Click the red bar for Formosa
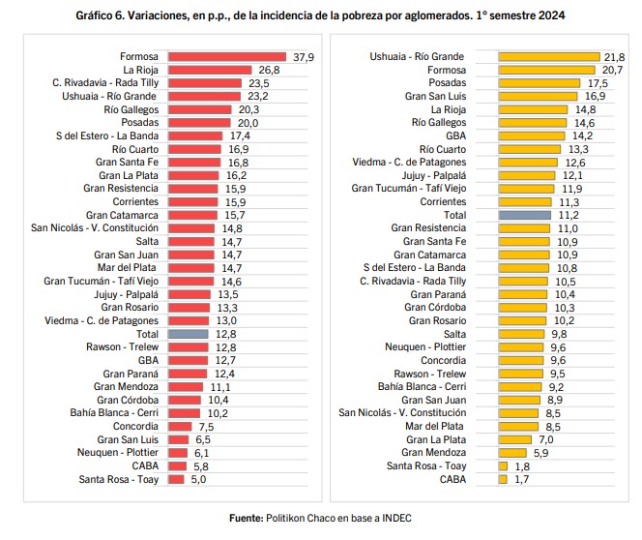click(x=227, y=57)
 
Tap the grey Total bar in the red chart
click(x=188, y=333)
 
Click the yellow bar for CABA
click(x=501, y=478)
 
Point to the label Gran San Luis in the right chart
click(x=436, y=97)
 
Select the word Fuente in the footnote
click(x=246, y=519)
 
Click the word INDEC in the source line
click(x=394, y=519)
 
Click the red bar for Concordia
click(x=179, y=425)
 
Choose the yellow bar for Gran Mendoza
click(x=512, y=451)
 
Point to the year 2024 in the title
click(x=553, y=16)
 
